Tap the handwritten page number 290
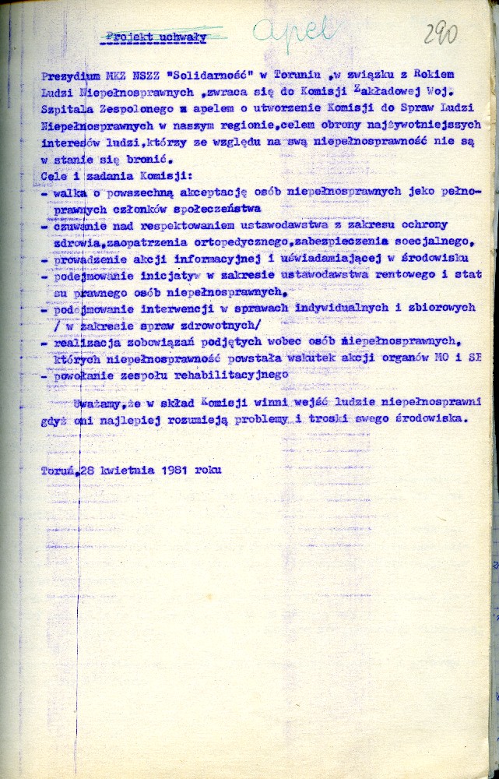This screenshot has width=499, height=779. pyautogui.click(x=440, y=33)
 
